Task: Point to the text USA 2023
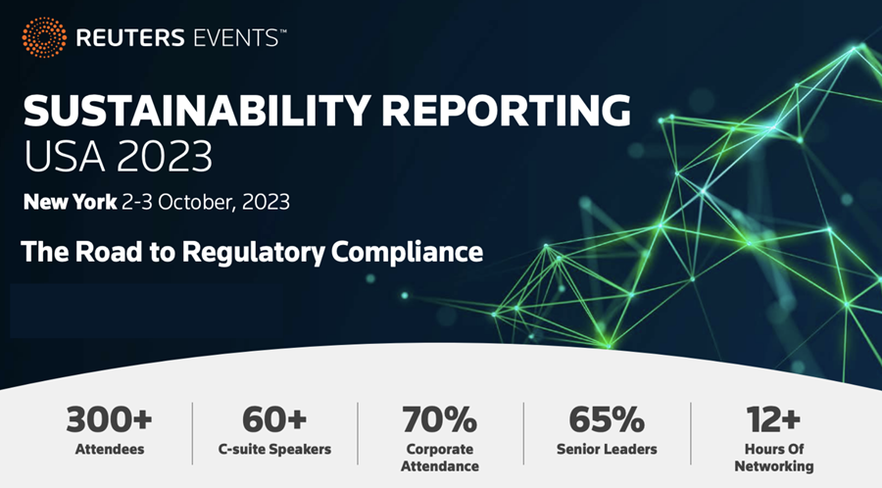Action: click(x=118, y=156)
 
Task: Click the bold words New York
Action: click(x=69, y=203)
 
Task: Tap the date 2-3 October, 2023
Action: click(x=206, y=203)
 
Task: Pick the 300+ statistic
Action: click(x=110, y=419)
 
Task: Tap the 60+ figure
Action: click(x=275, y=419)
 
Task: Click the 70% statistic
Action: click(x=440, y=419)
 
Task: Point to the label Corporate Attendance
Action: click(x=440, y=458)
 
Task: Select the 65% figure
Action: click(x=607, y=419)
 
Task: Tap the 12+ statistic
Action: click(x=772, y=419)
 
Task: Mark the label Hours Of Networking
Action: click(x=772, y=458)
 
